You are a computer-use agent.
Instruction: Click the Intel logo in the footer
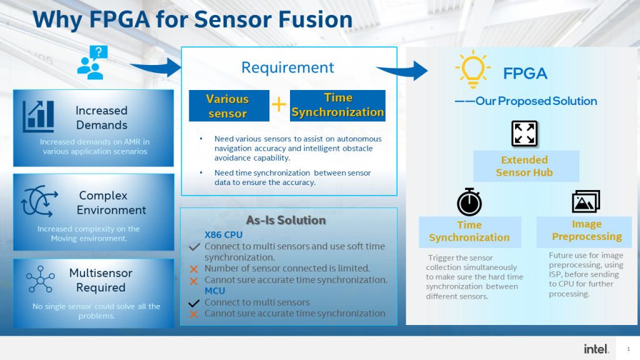pyautogui.click(x=596, y=349)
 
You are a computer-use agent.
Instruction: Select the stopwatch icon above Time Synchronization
pyautogui.click(x=469, y=202)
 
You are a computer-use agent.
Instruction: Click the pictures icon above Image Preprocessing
pyautogui.click(x=586, y=201)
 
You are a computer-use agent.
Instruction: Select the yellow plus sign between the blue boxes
pyautogui.click(x=278, y=104)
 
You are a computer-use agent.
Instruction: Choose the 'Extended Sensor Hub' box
pyautogui.click(x=525, y=166)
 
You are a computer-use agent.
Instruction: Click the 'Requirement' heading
pyautogui.click(x=288, y=67)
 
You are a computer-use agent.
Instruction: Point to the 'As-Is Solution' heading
pyautogui.click(x=286, y=220)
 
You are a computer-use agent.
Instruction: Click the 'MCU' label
pyautogui.click(x=215, y=291)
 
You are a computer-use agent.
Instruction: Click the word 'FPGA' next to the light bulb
pyautogui.click(x=525, y=74)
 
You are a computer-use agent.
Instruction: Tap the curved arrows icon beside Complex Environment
pyautogui.click(x=39, y=202)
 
